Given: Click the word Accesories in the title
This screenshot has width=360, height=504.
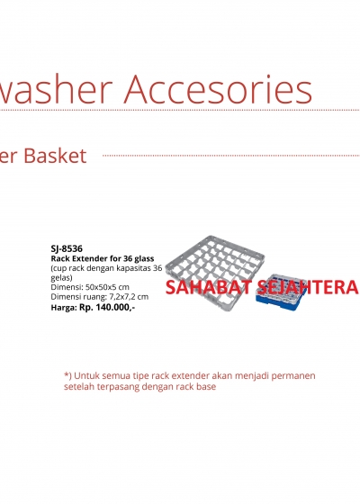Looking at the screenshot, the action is point(218,89).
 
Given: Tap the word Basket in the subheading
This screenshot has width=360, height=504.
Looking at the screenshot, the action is point(55,156).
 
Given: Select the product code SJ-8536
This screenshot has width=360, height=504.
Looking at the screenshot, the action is point(67,248).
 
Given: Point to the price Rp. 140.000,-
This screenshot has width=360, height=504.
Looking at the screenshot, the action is point(107,307).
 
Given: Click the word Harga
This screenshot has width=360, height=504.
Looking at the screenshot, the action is point(64,308).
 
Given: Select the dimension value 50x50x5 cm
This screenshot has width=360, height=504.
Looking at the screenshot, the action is point(107,287).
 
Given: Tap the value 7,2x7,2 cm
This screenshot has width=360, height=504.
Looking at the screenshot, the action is point(128,297).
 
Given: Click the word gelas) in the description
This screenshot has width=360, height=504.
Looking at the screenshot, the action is point(62,278).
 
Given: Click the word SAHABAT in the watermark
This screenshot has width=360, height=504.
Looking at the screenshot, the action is point(207,287).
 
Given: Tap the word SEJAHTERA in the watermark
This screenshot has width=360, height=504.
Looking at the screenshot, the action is point(308,287).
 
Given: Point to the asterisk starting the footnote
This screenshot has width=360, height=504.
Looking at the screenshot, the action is point(67,374).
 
